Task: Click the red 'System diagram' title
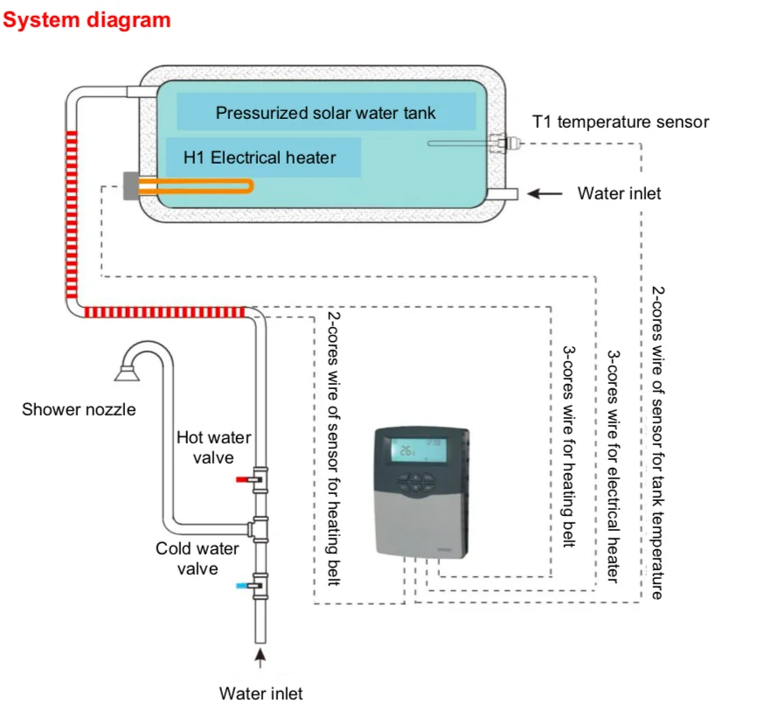87,20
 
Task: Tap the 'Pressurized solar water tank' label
325,113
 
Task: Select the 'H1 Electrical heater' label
260,158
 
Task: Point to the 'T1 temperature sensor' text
621,122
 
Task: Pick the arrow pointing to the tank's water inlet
545,193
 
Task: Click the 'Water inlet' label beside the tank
619,193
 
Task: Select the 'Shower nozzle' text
79,408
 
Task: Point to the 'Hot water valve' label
213,447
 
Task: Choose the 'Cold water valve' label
198,559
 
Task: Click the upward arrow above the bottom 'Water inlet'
259,654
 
